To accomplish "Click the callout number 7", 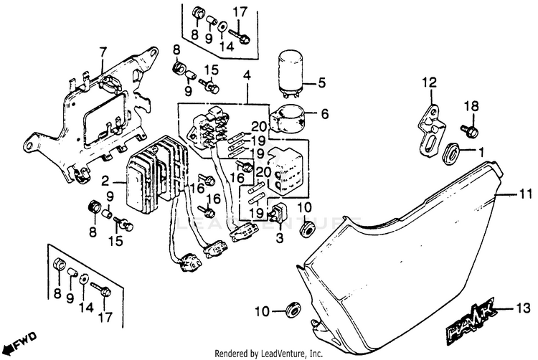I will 103,51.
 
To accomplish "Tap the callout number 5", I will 321,82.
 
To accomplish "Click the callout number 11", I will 526,194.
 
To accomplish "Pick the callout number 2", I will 105,181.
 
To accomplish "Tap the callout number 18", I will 470,107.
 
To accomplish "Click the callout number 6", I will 324,113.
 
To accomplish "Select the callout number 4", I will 247,75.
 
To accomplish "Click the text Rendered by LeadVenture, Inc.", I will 268,353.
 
